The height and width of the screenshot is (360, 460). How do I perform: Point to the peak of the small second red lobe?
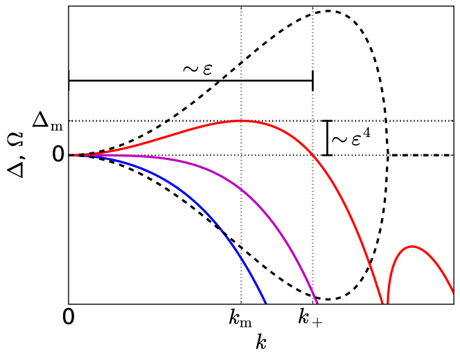point(412,246)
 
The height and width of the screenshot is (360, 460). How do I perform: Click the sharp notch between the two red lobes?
point(384,303)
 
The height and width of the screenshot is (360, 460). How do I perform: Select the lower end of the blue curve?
point(265,303)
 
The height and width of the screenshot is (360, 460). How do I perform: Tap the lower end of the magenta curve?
point(317,303)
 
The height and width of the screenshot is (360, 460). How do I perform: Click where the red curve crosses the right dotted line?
point(312,155)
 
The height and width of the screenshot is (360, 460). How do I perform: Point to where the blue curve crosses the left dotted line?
point(241,257)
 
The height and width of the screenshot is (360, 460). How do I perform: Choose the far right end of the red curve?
point(452,291)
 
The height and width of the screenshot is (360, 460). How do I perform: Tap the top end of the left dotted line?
point(241,8)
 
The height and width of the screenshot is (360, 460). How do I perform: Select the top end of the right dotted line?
point(312,8)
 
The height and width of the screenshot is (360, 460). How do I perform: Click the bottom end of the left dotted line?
point(241,302)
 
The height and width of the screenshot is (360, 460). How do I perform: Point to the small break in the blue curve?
point(223,232)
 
